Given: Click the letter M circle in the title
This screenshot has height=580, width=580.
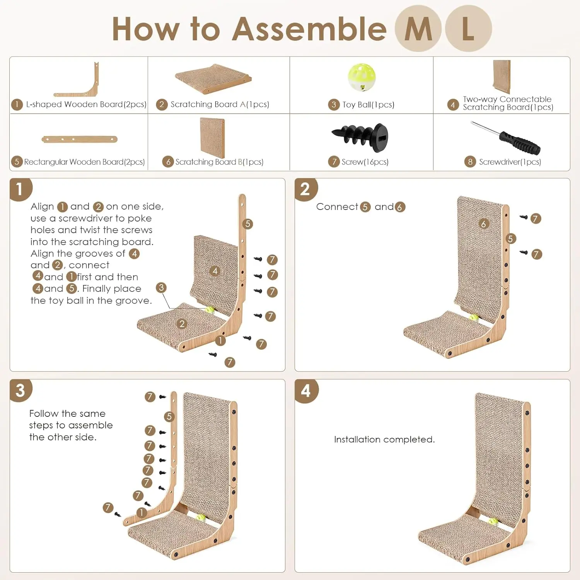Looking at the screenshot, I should tap(418, 29).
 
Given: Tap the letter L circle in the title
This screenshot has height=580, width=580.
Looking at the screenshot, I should tap(468, 29).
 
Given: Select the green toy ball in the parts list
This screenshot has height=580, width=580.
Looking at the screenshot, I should tap(362, 77).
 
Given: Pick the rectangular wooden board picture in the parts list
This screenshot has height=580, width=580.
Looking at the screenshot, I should tap(79, 139).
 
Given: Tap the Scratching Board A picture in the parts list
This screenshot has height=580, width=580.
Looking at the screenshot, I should tap(213, 78).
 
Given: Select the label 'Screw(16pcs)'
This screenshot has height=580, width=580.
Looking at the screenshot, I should tap(365, 162).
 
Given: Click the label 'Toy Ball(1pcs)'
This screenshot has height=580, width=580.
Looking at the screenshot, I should tap(368, 105).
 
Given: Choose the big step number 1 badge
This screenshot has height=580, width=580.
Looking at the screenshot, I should tap(20, 189).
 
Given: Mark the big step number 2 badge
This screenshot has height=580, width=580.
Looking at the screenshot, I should tap(305, 189).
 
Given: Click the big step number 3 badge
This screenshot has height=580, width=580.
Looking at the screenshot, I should tap(20, 391).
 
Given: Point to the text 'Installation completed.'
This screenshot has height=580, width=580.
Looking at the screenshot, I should tap(384, 440).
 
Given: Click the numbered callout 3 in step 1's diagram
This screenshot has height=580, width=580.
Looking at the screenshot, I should tap(161, 288).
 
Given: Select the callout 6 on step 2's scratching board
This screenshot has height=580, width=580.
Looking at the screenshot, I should tap(483, 224).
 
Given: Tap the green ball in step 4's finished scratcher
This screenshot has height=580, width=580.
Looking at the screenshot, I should tap(493, 522).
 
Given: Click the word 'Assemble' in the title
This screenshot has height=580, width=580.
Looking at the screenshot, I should tap(309, 29).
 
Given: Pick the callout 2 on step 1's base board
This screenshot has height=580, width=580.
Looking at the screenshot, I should tap(182, 324).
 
